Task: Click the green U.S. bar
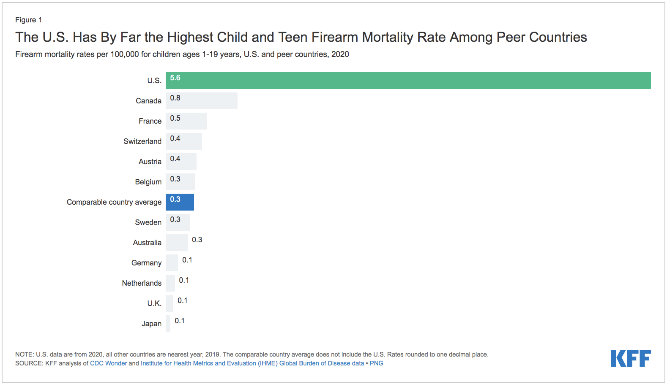(x=408, y=81)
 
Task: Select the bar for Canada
(x=202, y=101)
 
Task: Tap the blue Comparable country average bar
(x=180, y=202)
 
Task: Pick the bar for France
(x=186, y=121)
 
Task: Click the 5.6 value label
(x=175, y=78)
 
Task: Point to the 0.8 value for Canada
(x=175, y=98)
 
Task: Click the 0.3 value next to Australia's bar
(x=197, y=240)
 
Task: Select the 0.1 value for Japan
(x=180, y=321)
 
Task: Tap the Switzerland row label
(x=142, y=141)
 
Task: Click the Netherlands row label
(x=142, y=283)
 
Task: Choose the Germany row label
(x=146, y=263)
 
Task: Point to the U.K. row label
(x=154, y=303)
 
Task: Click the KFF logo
(x=631, y=358)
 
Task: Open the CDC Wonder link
(x=108, y=363)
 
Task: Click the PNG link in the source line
(x=376, y=363)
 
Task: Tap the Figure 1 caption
(x=28, y=20)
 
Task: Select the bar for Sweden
(x=178, y=222)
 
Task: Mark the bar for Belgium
(x=180, y=182)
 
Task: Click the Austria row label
(x=150, y=162)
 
